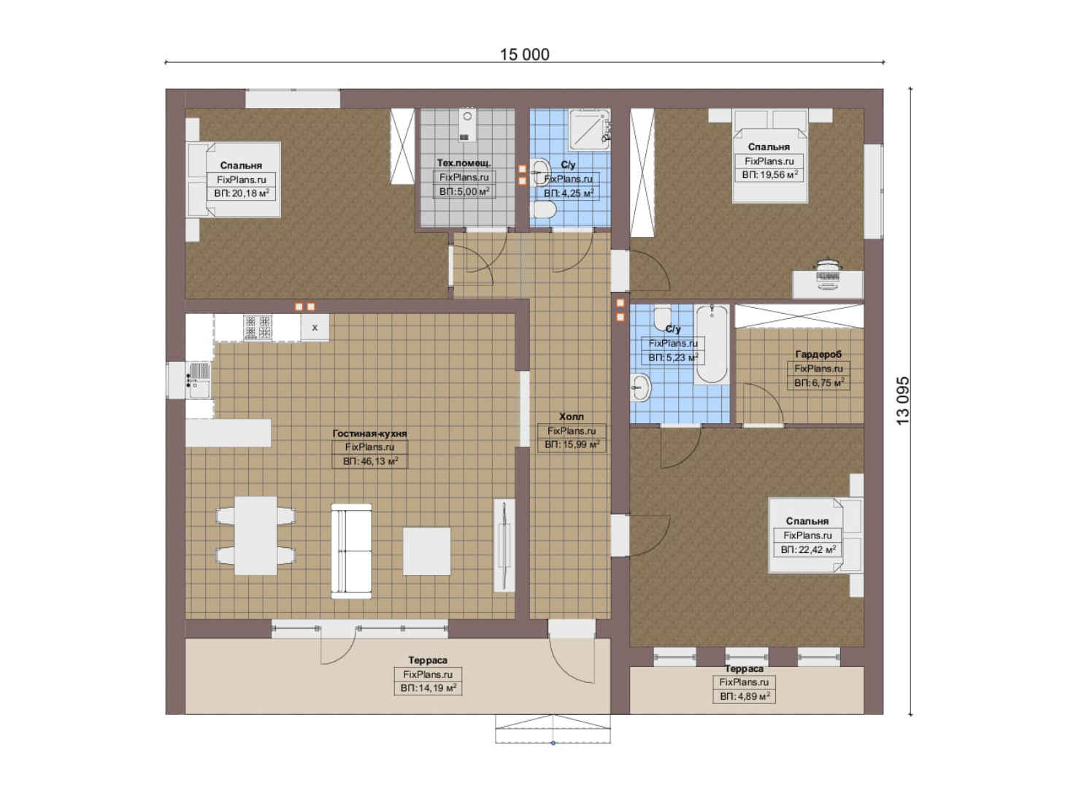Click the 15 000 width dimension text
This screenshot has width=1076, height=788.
point(525,55)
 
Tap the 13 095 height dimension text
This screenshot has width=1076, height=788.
point(902,401)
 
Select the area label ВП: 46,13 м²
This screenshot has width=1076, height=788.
point(370,461)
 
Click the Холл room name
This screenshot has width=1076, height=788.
point(571,417)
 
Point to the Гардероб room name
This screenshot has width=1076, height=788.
point(818,355)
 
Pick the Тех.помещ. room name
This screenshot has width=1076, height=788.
point(464,163)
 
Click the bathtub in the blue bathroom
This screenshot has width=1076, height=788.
point(712,344)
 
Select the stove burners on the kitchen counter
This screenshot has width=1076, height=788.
point(258,328)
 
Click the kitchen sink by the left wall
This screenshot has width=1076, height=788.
point(198,380)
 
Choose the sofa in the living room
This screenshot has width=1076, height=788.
point(351,552)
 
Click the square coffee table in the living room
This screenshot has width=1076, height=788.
point(426,552)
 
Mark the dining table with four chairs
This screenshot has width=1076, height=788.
point(255,536)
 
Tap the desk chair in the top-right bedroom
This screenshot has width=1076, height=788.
point(827,275)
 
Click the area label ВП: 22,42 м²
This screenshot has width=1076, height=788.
point(808,549)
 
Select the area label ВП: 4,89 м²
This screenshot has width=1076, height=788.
point(745,696)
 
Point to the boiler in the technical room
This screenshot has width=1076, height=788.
point(466,125)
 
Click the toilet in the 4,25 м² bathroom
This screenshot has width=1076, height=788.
point(545,210)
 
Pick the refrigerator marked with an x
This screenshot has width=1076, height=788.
point(315,328)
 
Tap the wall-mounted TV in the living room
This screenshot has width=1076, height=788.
point(504,545)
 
